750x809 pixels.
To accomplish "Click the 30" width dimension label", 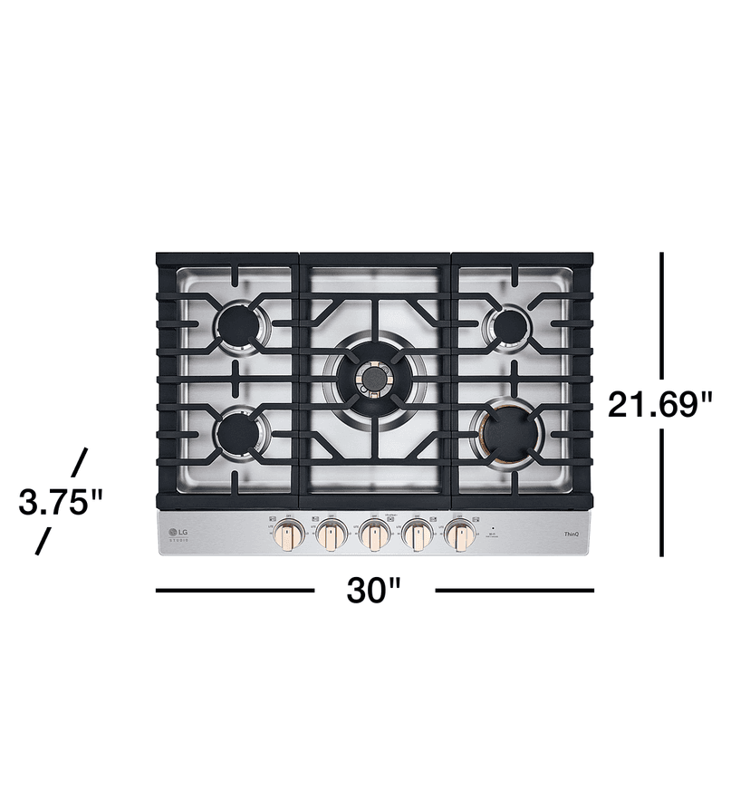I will (373, 591).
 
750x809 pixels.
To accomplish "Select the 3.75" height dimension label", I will (61, 501).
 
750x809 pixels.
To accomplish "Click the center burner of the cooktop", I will (374, 379).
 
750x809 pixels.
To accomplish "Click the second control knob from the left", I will (330, 536).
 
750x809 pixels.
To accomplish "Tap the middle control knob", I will (374, 536).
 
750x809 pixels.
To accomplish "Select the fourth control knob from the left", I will (418, 536).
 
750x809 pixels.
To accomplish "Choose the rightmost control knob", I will (461, 536).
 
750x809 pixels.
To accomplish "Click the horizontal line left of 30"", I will (235, 591).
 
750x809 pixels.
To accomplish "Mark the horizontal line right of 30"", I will (514, 591).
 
